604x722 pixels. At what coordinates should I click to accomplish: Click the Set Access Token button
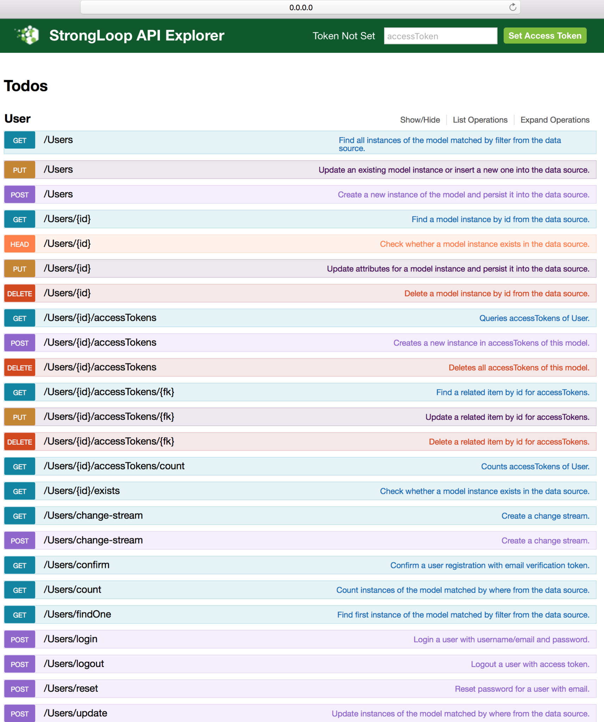tap(545, 36)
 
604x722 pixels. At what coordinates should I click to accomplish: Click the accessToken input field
tap(440, 36)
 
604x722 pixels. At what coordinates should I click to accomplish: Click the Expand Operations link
tap(555, 120)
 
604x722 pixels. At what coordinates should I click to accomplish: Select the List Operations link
tap(480, 120)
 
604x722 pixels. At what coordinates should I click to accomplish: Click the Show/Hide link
tap(420, 120)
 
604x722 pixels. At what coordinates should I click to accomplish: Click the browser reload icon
tap(513, 7)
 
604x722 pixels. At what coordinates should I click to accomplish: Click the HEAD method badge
tap(20, 244)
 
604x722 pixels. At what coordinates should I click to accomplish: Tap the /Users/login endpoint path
tap(70, 639)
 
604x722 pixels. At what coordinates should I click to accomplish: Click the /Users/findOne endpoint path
tap(77, 614)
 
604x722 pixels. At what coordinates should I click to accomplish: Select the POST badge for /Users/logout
tap(20, 664)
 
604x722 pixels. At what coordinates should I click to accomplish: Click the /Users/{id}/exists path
tap(81, 491)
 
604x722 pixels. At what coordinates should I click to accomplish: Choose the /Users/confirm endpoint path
tap(76, 565)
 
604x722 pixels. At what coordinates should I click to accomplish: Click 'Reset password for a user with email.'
tap(522, 689)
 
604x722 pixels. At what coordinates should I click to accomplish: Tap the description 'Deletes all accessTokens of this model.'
tap(519, 368)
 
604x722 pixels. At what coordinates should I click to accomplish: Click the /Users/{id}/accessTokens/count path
tap(114, 466)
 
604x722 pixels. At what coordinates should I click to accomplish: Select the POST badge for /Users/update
tap(20, 714)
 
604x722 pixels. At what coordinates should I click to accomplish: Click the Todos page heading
tap(26, 86)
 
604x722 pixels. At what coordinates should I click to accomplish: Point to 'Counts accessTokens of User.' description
tap(535, 466)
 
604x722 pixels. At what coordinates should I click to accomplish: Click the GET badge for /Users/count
tap(20, 590)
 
